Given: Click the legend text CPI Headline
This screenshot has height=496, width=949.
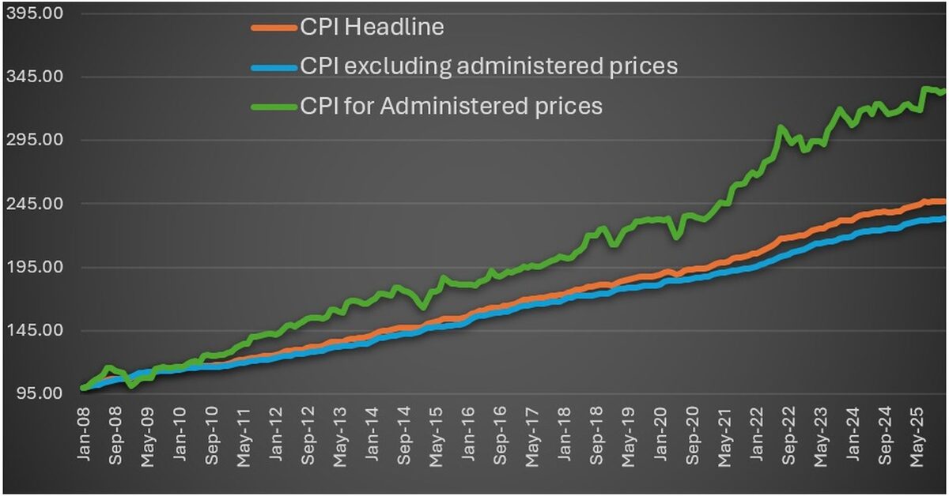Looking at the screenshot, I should point(372,27).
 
